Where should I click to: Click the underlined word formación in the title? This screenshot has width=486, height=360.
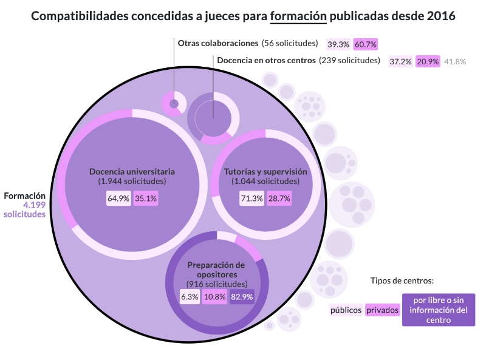coord(299,16)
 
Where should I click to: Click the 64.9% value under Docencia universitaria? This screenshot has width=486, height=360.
coord(118,198)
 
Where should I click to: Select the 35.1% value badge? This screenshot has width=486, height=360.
coord(146,198)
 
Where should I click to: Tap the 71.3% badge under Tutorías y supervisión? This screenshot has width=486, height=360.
coord(252,198)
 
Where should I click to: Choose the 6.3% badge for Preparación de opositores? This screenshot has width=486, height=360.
coord(190,297)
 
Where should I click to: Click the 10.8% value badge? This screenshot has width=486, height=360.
coord(214,297)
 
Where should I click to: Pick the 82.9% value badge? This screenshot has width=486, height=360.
coord(242,297)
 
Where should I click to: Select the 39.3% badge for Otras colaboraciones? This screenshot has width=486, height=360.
coord(338,44)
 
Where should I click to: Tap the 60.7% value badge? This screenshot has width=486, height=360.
coord(366,44)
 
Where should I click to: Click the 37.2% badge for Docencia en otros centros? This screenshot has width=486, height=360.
coord(401,61)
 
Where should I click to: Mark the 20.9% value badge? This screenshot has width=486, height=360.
coord(428,61)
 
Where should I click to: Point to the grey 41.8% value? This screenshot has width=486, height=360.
coord(455,61)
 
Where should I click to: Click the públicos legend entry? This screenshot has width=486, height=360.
coord(346,310)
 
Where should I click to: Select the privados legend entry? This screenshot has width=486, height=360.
coord(382,310)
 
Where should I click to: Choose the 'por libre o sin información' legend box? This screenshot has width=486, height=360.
coord(439,310)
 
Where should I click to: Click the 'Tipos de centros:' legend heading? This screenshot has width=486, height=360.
coord(402,280)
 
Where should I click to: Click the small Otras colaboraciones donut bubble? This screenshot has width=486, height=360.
coord(174,103)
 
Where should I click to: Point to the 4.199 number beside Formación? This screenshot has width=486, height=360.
coord(34,205)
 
